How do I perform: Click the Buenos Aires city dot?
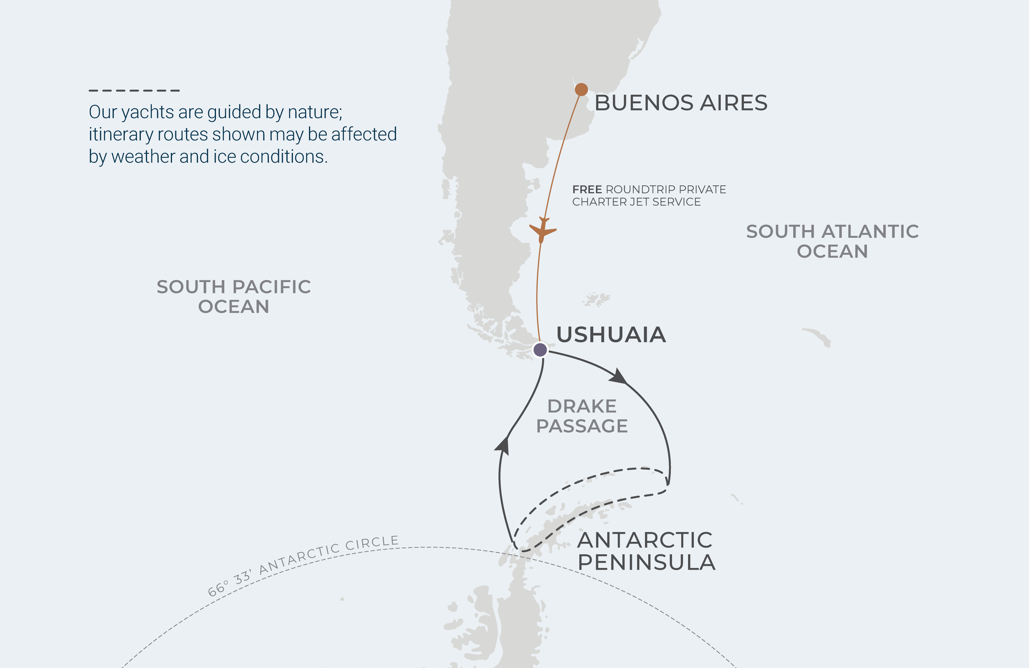(x=581, y=89)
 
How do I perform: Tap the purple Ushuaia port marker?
(x=540, y=349)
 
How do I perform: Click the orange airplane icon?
(x=542, y=230)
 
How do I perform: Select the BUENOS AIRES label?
(x=681, y=103)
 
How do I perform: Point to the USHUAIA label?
(x=611, y=335)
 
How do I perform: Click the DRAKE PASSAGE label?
(x=582, y=416)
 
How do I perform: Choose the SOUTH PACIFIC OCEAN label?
(x=234, y=297)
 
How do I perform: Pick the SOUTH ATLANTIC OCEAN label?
(x=832, y=241)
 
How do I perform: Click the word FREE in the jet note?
(x=587, y=189)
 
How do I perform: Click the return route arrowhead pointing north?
(x=502, y=446)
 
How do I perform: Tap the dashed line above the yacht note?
(x=134, y=90)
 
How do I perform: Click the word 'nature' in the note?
(x=315, y=112)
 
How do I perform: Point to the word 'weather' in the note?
(x=143, y=156)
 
